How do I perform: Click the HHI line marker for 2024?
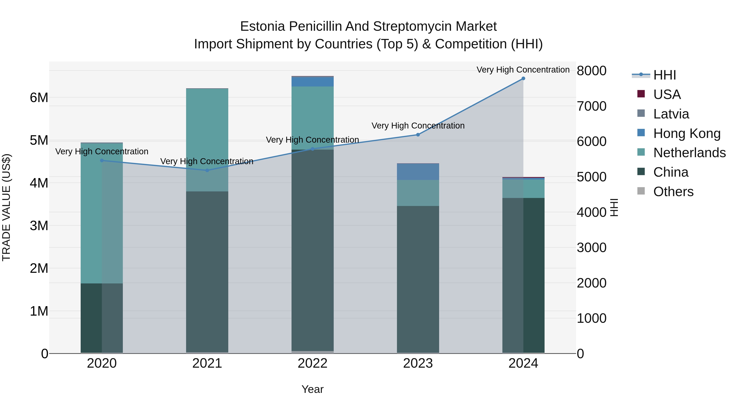[523, 78]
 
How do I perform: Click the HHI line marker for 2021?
[207, 171]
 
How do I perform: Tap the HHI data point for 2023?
[418, 135]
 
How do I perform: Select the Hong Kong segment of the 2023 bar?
[418, 172]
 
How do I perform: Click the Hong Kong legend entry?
[687, 133]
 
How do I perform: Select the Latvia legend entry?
[671, 114]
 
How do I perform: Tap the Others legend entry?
[673, 192]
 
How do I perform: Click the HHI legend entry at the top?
[665, 75]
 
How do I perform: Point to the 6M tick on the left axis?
[39, 98]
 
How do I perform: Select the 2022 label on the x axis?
[312, 363]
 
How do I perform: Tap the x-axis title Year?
[312, 389]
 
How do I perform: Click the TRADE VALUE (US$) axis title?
[6, 207]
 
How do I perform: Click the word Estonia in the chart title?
[262, 26]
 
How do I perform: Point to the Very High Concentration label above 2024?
[523, 70]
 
